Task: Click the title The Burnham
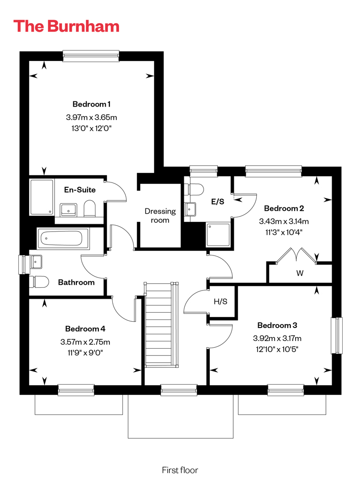coord(66,26)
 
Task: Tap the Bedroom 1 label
coord(91,104)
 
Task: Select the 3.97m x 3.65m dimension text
coord(91,117)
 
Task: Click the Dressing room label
coord(160,216)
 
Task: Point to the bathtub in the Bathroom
coord(63,238)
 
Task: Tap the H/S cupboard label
coord(221,301)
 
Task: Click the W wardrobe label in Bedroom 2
coord(300,273)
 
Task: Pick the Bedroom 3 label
coord(277,325)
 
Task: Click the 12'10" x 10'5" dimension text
coord(277,349)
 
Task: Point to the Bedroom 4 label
coord(85,328)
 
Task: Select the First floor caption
coord(180,470)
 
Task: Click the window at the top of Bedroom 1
coord(91,56)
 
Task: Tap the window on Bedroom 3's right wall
coord(337,335)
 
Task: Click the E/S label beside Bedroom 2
coord(217,202)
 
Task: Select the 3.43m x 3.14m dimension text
coord(284,221)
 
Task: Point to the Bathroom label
coord(76,282)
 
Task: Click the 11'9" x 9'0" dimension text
coord(85,352)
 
